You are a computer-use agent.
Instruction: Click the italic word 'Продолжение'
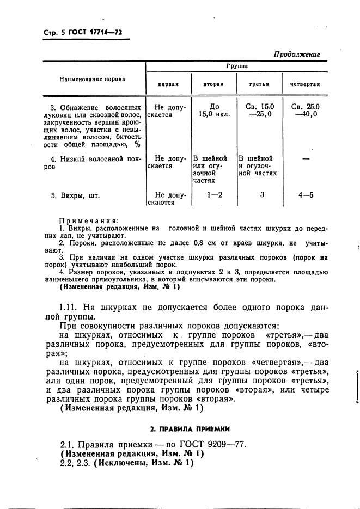point(297,54)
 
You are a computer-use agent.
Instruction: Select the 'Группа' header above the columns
point(237,66)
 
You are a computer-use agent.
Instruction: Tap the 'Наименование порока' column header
point(92,79)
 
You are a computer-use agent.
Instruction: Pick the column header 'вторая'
point(213,85)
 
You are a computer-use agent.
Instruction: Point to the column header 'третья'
point(259,85)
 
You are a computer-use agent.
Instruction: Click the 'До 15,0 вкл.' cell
point(214,111)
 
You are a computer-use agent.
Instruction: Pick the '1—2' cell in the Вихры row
point(214,194)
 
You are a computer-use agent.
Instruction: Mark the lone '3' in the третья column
point(262,194)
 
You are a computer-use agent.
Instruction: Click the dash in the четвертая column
point(305,160)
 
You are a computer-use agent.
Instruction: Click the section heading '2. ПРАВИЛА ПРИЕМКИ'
point(183,428)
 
